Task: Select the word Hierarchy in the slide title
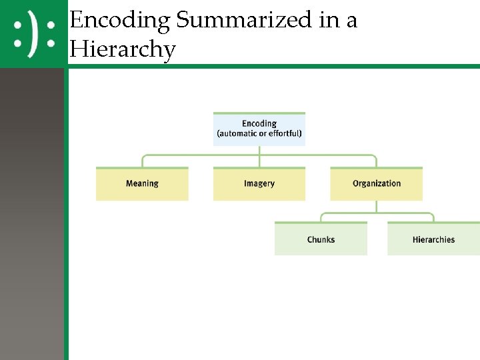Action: click(122, 49)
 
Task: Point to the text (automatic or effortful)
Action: click(259, 134)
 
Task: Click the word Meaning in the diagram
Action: click(142, 183)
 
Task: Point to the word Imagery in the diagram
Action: click(259, 183)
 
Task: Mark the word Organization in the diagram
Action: click(377, 183)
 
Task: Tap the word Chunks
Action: click(321, 239)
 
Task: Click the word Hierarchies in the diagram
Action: click(433, 239)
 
